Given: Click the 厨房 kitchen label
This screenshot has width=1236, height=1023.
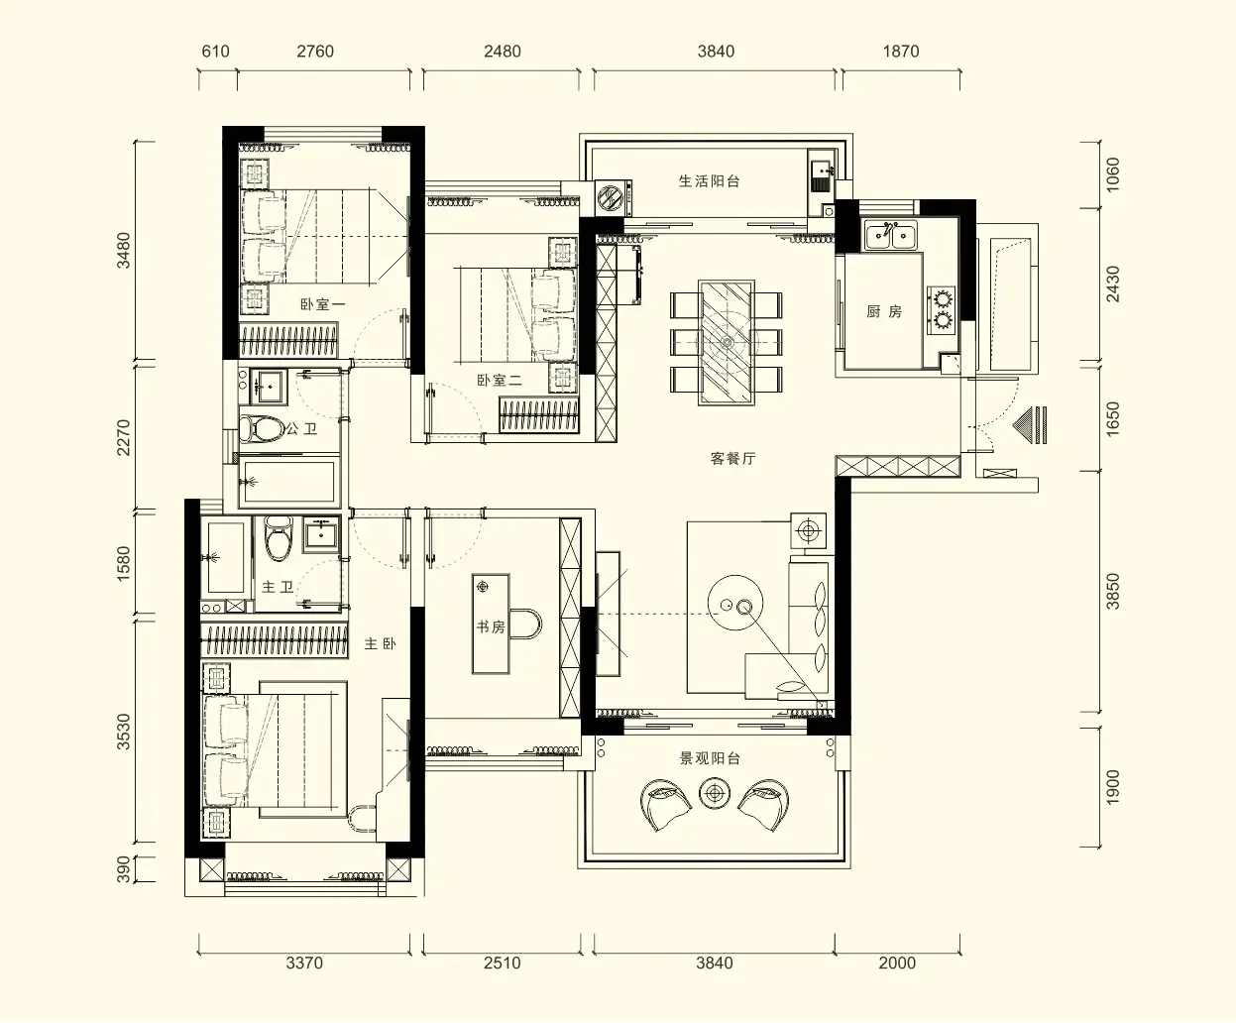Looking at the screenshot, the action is click(x=884, y=311).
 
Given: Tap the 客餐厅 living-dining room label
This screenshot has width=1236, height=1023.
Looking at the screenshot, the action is click(x=732, y=458).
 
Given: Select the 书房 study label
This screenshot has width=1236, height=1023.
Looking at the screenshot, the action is click(x=491, y=626).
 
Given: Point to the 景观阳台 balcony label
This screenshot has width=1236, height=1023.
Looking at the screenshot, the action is click(x=710, y=758).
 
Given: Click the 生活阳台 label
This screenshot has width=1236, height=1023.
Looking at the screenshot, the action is click(x=709, y=181).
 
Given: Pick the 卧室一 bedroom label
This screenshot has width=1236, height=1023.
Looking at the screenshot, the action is click(x=322, y=304).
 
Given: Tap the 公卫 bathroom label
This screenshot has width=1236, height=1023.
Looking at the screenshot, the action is click(x=301, y=428).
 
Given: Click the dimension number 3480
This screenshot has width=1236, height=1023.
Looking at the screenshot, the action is click(x=123, y=251).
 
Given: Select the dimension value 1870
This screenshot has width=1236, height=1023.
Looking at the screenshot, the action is click(x=901, y=52).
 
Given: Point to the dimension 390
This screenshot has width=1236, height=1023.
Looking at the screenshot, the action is click(x=123, y=869).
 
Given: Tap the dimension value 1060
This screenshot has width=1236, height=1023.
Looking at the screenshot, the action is click(x=1113, y=174).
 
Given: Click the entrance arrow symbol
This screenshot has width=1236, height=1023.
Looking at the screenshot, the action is click(x=1030, y=424).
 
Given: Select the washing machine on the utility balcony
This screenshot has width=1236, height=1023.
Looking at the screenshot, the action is click(x=614, y=197).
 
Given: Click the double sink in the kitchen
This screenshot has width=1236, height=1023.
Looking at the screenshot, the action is click(x=890, y=236).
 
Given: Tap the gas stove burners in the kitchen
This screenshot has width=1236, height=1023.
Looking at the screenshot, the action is click(x=942, y=309).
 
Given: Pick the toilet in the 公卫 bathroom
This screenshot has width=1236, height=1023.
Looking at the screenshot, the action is click(x=261, y=428).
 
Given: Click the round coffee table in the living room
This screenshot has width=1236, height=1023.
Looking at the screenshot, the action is click(x=735, y=604).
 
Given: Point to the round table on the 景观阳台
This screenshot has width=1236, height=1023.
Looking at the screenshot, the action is click(x=715, y=793).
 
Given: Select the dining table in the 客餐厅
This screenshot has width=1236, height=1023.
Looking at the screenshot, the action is click(x=727, y=343).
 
